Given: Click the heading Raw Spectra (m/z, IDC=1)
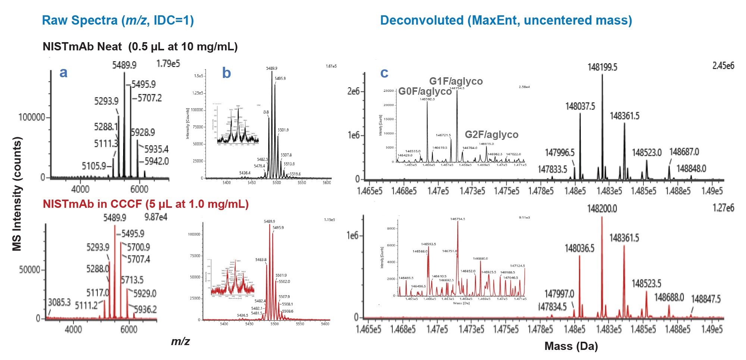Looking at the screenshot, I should pos(118,20).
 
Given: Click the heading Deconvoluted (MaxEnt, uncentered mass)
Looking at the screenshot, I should pos(506,20).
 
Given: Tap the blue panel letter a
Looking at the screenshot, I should pos(63,72).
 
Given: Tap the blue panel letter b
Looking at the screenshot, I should pos(226,73).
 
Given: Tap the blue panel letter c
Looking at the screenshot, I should pos(384,73).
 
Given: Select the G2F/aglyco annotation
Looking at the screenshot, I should pos(491,135).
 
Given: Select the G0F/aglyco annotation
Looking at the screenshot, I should pos(425,91).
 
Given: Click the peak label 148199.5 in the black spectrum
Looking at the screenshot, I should pos(602,68).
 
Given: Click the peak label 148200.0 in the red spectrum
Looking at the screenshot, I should pos(602,209).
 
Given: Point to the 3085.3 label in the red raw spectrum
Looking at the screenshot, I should pos(59,303).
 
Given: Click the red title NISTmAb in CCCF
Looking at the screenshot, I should pos(145,204).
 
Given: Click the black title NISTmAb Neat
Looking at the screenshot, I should pos(140,47).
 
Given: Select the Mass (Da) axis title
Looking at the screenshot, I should pos(571,346).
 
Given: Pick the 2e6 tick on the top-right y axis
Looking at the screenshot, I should pos(353,91).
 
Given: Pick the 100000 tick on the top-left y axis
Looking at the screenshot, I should pos(32,118).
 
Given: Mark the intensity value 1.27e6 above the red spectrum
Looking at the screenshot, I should pos(723,208).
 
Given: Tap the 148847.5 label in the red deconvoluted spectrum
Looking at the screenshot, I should pos(706,299).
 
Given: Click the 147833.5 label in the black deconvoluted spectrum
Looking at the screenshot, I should pos(552,170).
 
